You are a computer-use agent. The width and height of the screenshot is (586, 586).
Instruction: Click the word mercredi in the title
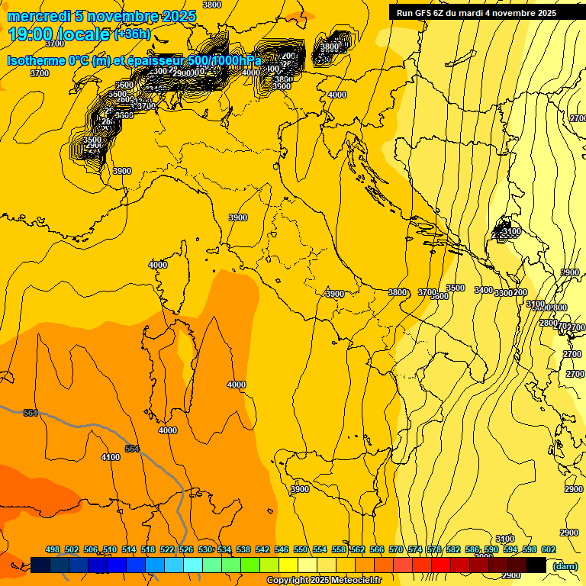click(x=37, y=16)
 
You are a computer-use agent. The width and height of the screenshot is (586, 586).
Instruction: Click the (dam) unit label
click(x=565, y=565)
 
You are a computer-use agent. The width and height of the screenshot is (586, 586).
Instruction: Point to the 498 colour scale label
click(x=53, y=549)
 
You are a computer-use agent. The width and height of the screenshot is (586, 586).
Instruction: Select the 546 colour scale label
click(x=282, y=549)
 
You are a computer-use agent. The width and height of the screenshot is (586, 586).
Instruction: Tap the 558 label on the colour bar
click(x=339, y=549)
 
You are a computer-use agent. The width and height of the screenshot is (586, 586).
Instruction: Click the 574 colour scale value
click(x=415, y=549)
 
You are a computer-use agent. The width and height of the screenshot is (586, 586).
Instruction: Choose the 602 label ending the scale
click(x=549, y=549)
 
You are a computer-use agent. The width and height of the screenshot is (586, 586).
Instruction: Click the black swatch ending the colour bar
click(x=536, y=565)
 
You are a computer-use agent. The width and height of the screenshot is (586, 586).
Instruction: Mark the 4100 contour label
click(x=111, y=457)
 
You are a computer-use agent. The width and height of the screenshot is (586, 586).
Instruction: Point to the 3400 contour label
click(x=484, y=290)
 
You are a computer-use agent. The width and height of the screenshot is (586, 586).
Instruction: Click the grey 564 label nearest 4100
click(x=133, y=449)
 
